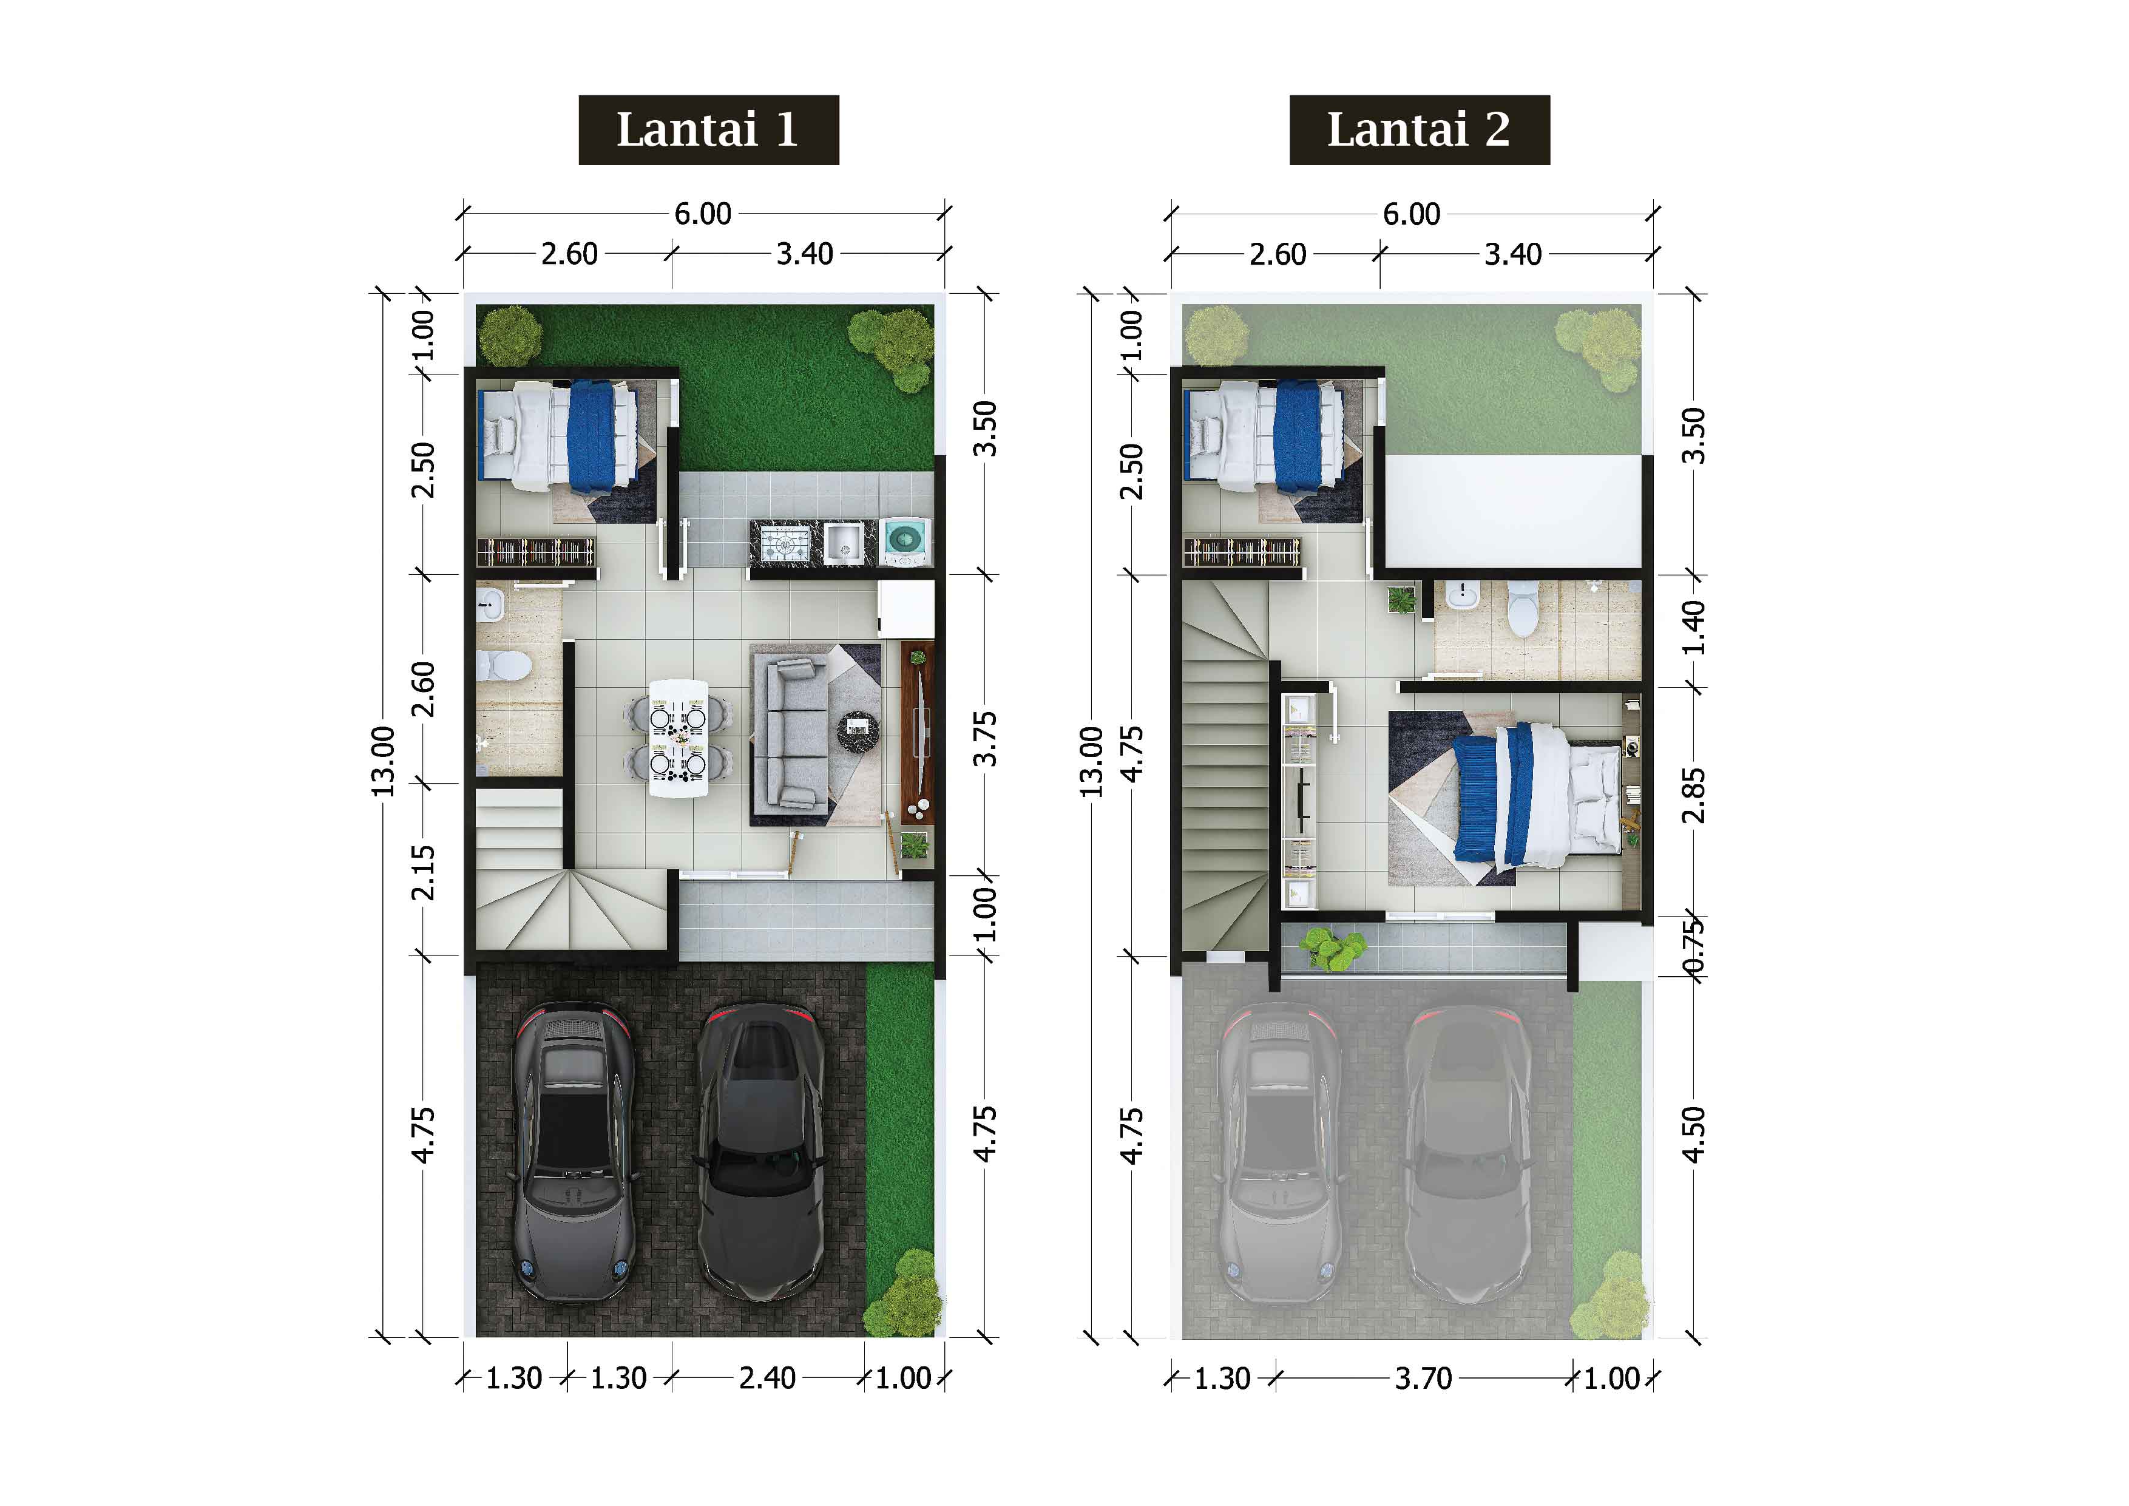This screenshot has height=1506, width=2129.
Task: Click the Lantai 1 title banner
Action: pos(708,130)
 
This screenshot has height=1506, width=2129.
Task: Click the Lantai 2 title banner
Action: pos(1419,130)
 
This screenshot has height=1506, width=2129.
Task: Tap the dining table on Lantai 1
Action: pos(679,738)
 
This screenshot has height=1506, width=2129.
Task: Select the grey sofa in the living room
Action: pos(789,733)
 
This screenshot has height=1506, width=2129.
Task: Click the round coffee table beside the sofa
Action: pos(858,730)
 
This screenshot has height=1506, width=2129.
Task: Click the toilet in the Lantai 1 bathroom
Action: pos(504,665)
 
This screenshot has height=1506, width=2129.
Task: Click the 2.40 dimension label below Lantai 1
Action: pos(767,1378)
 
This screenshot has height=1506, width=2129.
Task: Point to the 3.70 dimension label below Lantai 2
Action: pos(1423,1378)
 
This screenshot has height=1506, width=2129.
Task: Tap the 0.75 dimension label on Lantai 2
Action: pos(1693,948)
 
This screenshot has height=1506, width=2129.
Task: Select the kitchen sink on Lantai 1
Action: pos(844,543)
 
